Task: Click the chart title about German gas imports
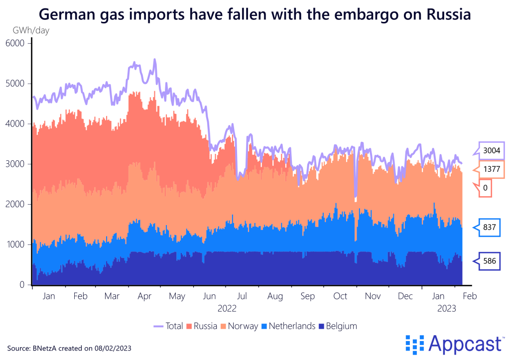[255, 14]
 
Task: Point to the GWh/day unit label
[30, 30]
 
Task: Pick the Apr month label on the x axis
[144, 296]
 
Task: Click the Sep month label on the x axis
[308, 296]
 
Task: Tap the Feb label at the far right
[470, 296]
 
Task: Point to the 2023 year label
[448, 309]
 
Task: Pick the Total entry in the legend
[168, 327]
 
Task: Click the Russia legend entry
[201, 327]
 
